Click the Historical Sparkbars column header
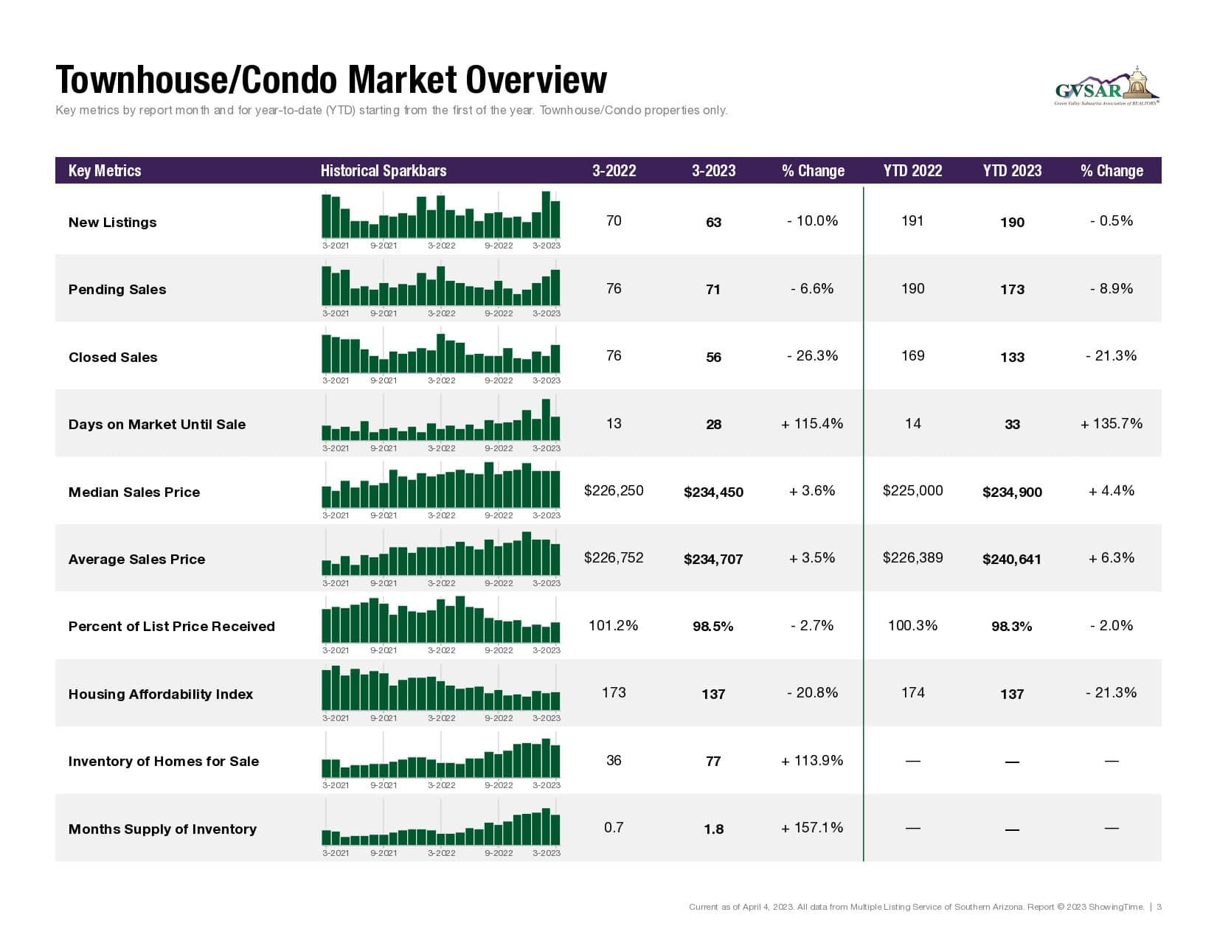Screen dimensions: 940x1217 pyautogui.click(x=384, y=171)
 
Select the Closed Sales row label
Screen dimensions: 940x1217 pyautogui.click(x=113, y=358)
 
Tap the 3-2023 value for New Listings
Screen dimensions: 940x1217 pyautogui.click(x=713, y=223)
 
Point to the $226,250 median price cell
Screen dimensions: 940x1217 pyautogui.click(x=614, y=491)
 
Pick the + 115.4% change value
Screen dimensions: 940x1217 pyautogui.click(x=812, y=424)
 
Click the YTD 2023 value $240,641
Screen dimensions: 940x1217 pyautogui.click(x=1012, y=560)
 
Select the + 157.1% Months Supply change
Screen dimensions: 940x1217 pyautogui.click(x=812, y=828)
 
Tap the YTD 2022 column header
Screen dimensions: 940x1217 pyautogui.click(x=912, y=171)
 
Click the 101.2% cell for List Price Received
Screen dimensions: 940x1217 pyautogui.click(x=614, y=626)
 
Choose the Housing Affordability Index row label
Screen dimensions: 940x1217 pyautogui.click(x=161, y=694)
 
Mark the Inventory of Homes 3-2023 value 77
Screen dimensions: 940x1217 pyautogui.click(x=713, y=762)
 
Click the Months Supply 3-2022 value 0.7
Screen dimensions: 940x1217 pyautogui.click(x=614, y=828)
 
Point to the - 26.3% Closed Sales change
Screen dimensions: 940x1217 pyautogui.click(x=812, y=356)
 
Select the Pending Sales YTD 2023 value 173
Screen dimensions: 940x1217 pyautogui.click(x=1012, y=290)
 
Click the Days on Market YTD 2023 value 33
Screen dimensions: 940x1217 pyautogui.click(x=1012, y=425)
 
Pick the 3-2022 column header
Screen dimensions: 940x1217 pyautogui.click(x=614, y=171)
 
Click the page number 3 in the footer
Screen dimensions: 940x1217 pyautogui.click(x=1159, y=907)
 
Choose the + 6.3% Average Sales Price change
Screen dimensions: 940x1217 pyautogui.click(x=1112, y=558)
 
